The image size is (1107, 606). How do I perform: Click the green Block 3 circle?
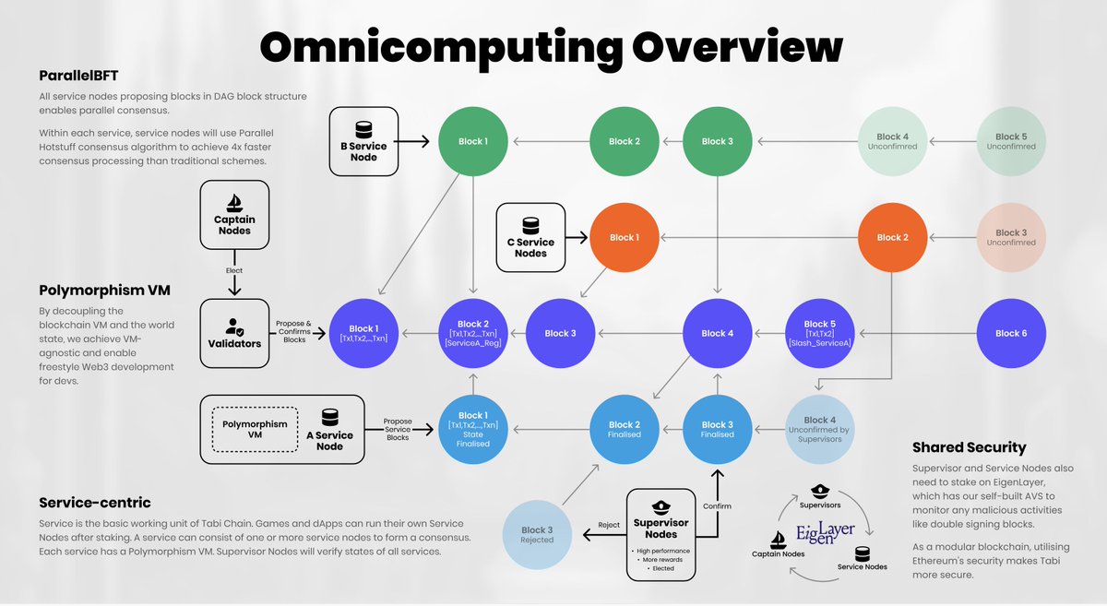tap(717, 141)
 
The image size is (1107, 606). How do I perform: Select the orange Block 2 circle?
tap(892, 237)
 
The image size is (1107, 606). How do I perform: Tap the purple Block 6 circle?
tap(1011, 333)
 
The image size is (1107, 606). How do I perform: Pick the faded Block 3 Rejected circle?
tap(537, 535)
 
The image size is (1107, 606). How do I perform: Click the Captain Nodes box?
tap(234, 215)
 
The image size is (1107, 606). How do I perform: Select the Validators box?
tap(234, 333)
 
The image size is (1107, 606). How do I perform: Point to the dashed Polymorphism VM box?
tap(255, 429)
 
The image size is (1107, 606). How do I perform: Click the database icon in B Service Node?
tap(363, 130)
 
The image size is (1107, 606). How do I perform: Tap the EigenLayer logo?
tap(825, 533)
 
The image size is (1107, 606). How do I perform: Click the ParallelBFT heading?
tap(78, 76)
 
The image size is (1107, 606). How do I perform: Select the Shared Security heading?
tap(970, 447)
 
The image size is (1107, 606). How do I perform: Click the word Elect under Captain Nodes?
tap(234, 270)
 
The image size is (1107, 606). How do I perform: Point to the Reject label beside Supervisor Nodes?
tap(609, 525)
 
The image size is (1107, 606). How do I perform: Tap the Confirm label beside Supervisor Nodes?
tap(717, 506)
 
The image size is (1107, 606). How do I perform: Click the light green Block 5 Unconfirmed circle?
tap(1011, 141)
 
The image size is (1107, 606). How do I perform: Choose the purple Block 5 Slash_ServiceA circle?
tap(820, 333)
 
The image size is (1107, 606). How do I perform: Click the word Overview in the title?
tap(737, 47)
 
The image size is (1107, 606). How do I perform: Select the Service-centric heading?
tap(95, 503)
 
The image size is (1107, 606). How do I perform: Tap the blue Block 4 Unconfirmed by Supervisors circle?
tap(820, 429)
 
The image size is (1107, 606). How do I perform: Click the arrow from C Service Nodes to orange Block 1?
tap(577, 238)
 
